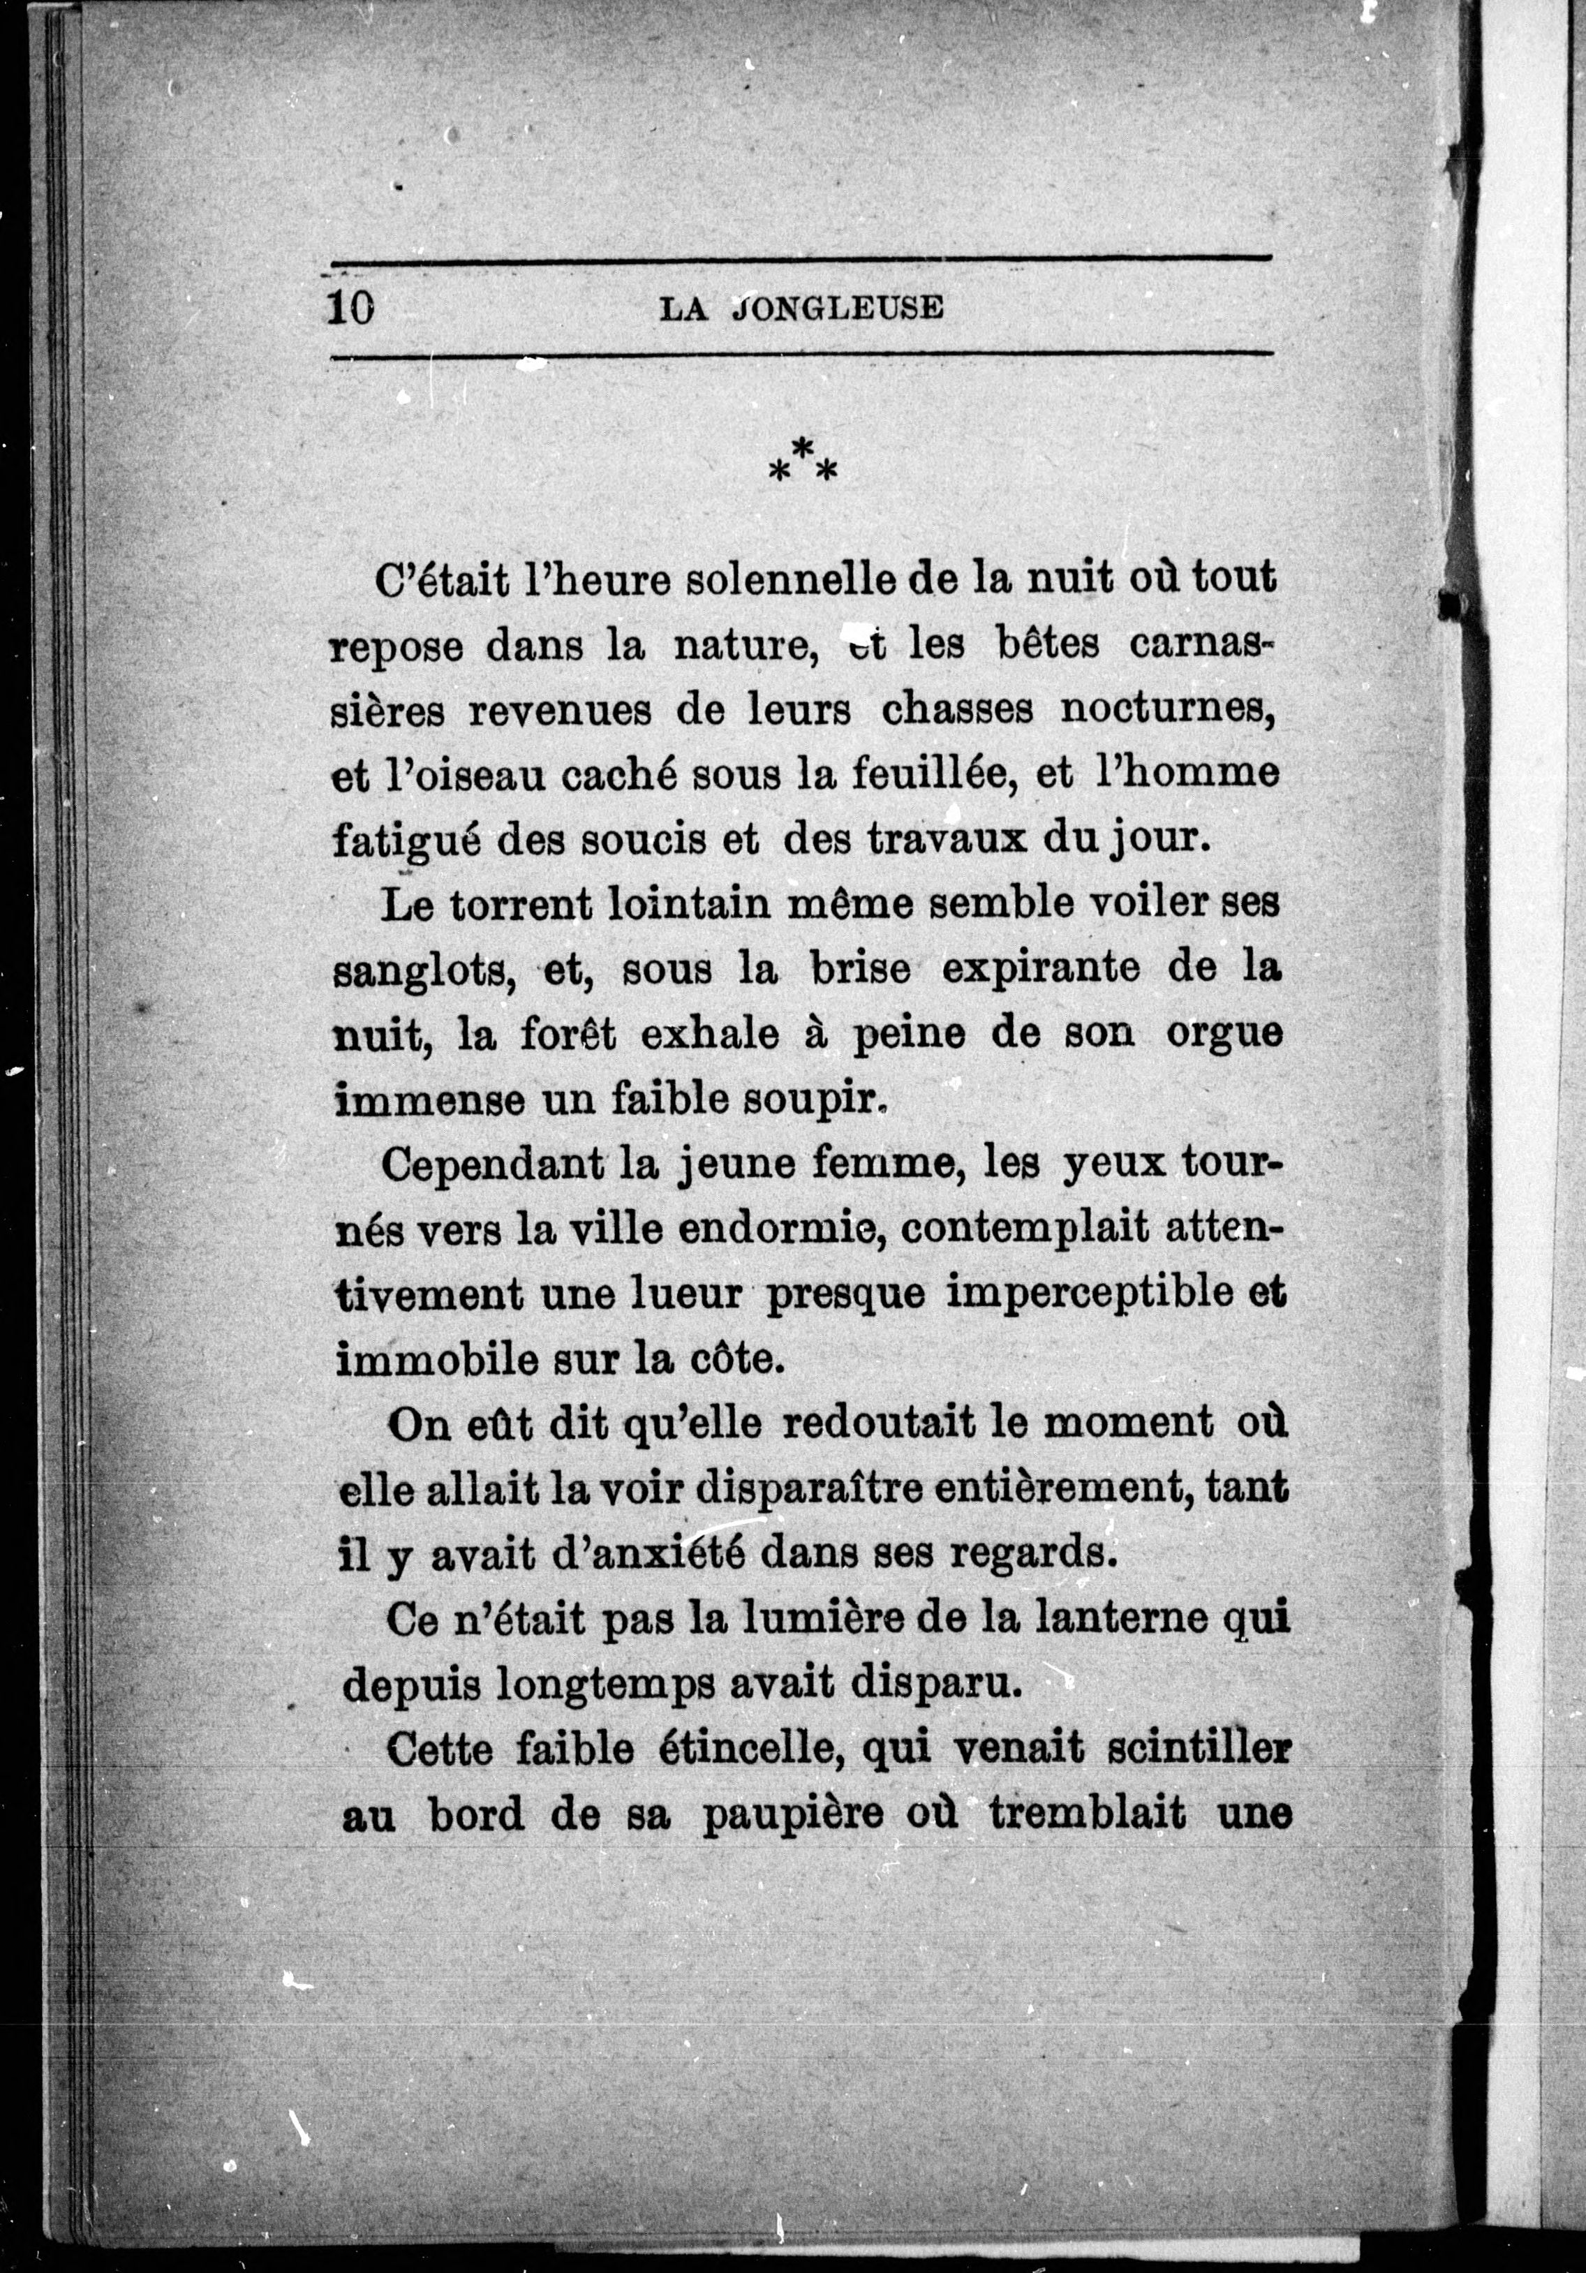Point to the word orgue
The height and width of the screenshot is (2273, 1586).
[x=1223, y=1035]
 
